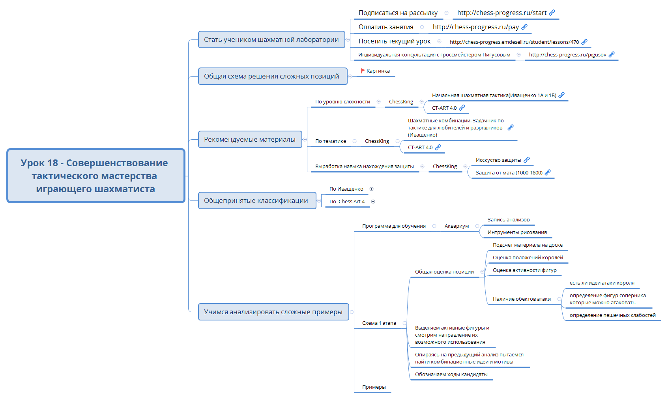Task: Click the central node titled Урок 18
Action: pos(96,176)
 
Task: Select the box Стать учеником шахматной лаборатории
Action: pos(271,39)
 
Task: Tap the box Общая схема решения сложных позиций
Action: pos(272,76)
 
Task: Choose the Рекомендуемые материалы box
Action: pos(250,139)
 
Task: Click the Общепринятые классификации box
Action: pos(256,200)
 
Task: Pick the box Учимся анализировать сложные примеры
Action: pos(273,312)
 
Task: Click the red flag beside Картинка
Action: pos(363,71)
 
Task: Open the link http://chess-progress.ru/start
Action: pos(501,13)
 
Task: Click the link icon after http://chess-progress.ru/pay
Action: pos(524,27)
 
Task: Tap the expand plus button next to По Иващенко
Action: pos(371,189)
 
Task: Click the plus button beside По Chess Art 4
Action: pos(373,202)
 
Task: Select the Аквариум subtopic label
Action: pos(457,226)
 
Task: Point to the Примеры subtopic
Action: pos(374,387)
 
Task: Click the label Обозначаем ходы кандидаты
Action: pos(451,375)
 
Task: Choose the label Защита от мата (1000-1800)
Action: pos(509,173)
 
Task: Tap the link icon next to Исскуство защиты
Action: pos(527,160)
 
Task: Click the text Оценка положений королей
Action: pos(528,258)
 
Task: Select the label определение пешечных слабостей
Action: pos(612,315)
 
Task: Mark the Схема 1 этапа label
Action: pos(379,323)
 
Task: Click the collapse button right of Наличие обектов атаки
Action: pos(559,299)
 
